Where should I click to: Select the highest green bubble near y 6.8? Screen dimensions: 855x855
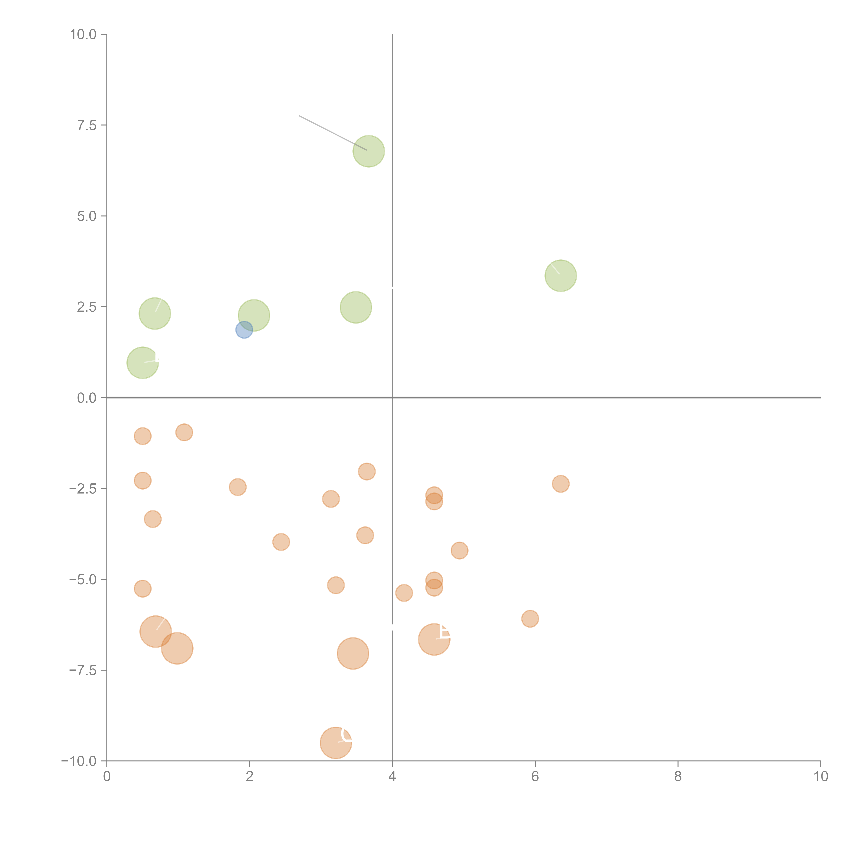(369, 151)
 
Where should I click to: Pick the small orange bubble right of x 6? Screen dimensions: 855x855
(561, 484)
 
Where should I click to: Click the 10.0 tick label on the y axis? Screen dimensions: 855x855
(83, 35)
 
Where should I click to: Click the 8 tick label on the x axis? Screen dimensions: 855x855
(678, 777)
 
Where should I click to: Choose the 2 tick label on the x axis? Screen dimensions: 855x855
(250, 777)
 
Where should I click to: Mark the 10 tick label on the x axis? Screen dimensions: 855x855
(820, 777)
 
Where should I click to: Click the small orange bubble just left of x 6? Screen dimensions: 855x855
(530, 619)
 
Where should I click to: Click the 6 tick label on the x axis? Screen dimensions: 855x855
(535, 777)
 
